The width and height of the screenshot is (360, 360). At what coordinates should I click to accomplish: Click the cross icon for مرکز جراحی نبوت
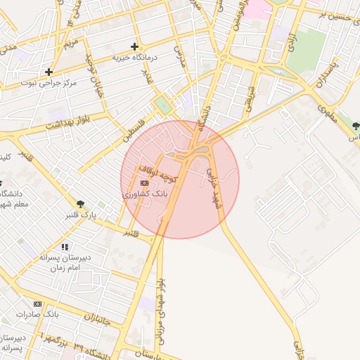click(49, 72)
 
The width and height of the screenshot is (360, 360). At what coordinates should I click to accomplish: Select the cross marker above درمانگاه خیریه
click(134, 46)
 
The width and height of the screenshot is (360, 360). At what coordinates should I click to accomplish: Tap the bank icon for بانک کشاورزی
click(145, 183)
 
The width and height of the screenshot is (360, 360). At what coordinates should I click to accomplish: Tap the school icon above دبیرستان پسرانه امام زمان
click(65, 247)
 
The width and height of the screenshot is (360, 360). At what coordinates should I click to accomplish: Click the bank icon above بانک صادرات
click(37, 304)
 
